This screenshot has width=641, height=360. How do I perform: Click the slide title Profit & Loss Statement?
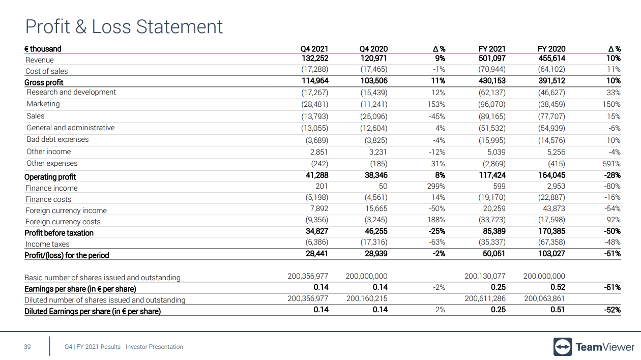pyautogui.click(x=124, y=26)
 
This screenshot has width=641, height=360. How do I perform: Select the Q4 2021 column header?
pyautogui.click(x=314, y=49)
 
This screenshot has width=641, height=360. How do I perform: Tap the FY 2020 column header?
pyautogui.click(x=551, y=49)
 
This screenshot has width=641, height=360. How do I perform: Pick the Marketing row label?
pyautogui.click(x=43, y=104)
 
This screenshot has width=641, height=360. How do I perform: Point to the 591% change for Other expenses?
pyautogui.click(x=611, y=164)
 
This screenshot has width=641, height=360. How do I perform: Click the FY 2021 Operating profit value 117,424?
pyautogui.click(x=491, y=175)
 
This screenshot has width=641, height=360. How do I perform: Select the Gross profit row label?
pyautogui.click(x=44, y=82)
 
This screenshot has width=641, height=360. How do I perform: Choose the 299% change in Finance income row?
pyautogui.click(x=436, y=186)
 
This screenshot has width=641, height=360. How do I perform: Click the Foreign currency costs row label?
pyautogui.click(x=63, y=222)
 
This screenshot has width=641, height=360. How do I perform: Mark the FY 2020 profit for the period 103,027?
pyautogui.click(x=551, y=253)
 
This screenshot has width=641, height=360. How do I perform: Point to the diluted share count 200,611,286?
pyautogui.click(x=485, y=299)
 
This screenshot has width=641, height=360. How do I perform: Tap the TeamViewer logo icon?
pyautogui.click(x=562, y=347)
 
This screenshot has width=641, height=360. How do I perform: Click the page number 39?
pyautogui.click(x=27, y=347)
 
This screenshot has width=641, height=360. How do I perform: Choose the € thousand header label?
pyautogui.click(x=43, y=49)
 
